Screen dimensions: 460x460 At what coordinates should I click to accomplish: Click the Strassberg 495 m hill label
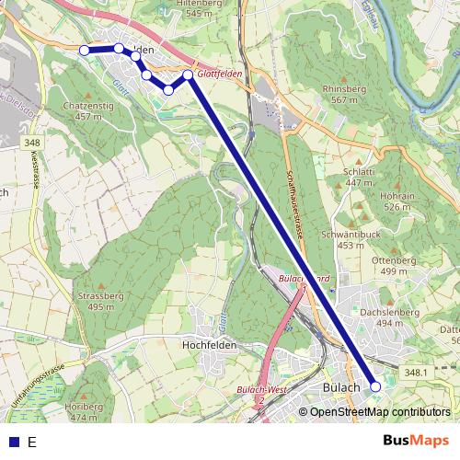101,301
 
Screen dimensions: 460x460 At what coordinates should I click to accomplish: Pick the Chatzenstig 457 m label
88,111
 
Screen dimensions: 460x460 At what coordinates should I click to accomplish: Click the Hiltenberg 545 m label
203,8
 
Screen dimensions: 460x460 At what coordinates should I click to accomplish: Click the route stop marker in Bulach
374,387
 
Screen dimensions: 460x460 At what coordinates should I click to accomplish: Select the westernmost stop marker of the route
84,50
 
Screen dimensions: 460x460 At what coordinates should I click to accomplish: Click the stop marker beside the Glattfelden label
188,74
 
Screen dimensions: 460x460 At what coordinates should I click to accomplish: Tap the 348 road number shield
33,143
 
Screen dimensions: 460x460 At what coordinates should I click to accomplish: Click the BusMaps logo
416,441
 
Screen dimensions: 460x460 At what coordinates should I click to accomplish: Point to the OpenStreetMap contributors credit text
380,412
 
